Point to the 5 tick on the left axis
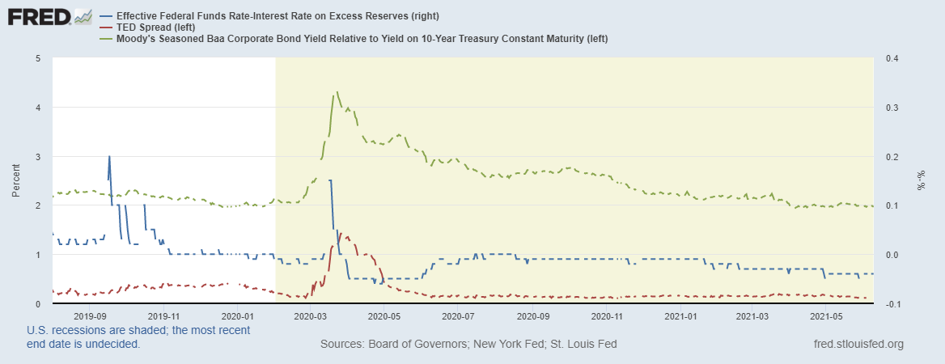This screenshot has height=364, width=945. point(37,58)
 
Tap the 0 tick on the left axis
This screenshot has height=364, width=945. point(37,303)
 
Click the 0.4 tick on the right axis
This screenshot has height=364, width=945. point(893,58)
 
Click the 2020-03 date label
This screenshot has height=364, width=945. point(311,316)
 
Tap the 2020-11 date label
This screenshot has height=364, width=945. point(607,316)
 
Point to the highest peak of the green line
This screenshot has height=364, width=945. point(336,93)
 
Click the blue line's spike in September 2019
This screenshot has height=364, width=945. point(109,157)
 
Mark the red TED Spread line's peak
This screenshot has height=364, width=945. point(341,234)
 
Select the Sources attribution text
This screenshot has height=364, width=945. point(468,344)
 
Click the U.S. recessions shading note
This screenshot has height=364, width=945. point(138,336)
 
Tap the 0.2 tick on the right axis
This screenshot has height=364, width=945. point(893,156)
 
